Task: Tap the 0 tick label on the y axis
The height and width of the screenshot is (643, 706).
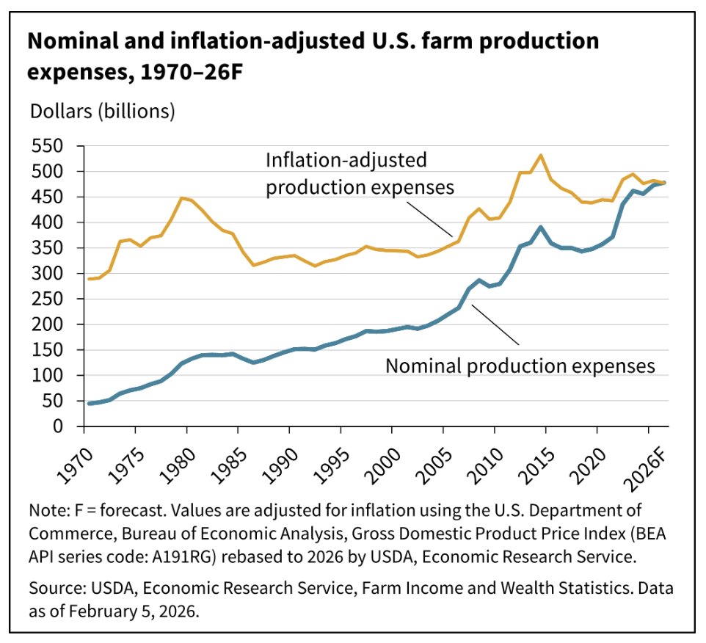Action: (63, 426)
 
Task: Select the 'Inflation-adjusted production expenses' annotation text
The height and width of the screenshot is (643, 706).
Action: (360, 173)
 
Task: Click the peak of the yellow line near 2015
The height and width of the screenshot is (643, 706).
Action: (541, 156)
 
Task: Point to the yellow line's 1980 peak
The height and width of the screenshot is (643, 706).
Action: (182, 198)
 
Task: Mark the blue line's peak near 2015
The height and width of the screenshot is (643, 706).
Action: (541, 227)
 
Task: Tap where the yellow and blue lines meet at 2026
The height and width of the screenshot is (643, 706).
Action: (665, 183)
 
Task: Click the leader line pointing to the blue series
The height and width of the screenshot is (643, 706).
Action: (495, 325)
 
